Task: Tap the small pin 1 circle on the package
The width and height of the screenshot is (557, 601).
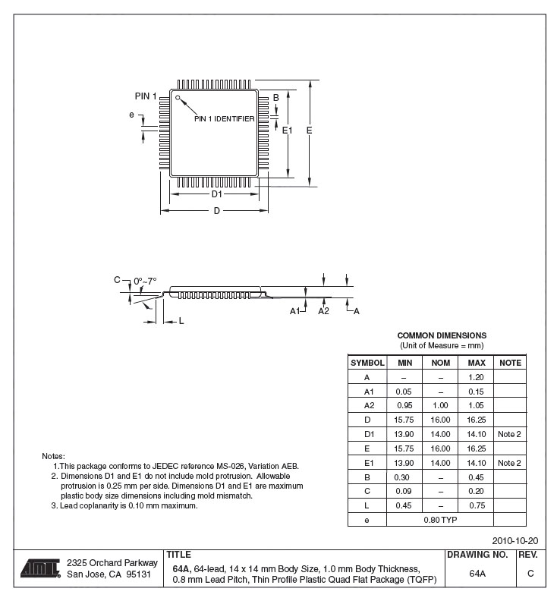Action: pyautogui.click(x=178, y=97)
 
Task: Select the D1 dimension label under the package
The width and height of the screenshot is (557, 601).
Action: pyautogui.click(x=216, y=194)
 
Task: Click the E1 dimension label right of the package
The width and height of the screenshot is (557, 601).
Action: pyautogui.click(x=287, y=131)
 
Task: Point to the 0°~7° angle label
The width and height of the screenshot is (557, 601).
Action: pyautogui.click(x=145, y=281)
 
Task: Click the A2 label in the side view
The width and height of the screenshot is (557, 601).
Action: pyautogui.click(x=323, y=311)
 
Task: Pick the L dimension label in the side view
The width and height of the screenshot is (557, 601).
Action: pyautogui.click(x=181, y=321)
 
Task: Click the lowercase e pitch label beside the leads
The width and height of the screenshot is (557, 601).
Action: pyautogui.click(x=131, y=115)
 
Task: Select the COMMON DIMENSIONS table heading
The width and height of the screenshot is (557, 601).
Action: pyautogui.click(x=442, y=335)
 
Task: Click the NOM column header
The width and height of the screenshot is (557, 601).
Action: pyautogui.click(x=440, y=363)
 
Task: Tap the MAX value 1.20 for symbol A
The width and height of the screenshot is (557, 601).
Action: pyautogui.click(x=476, y=377)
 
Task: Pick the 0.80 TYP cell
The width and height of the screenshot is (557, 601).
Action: pyautogui.click(x=440, y=520)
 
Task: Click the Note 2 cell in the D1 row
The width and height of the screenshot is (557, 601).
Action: pyautogui.click(x=509, y=434)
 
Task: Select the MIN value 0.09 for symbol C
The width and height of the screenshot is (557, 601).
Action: pyautogui.click(x=404, y=491)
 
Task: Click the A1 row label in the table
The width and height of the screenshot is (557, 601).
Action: pyautogui.click(x=367, y=392)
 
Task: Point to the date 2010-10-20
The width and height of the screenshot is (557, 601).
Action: pyautogui.click(x=515, y=541)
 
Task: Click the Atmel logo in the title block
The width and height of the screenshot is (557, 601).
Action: pyautogui.click(x=40, y=568)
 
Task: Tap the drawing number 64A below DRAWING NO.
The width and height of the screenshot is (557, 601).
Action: pyautogui.click(x=477, y=574)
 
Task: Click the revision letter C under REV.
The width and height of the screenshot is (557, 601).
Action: pyautogui.click(x=530, y=574)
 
